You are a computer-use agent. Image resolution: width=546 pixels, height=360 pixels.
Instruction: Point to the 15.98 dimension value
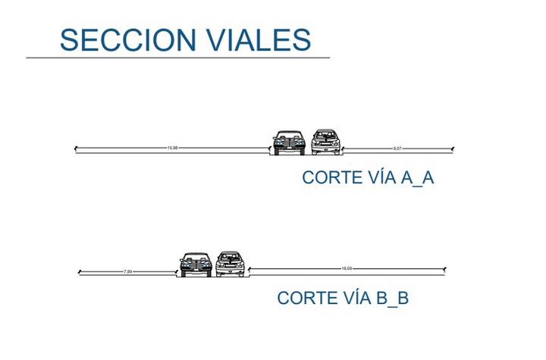click(x=173, y=147)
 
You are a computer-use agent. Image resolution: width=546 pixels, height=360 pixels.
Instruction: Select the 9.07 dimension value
click(x=397, y=147)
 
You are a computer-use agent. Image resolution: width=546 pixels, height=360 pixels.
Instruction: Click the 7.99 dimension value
click(x=128, y=271)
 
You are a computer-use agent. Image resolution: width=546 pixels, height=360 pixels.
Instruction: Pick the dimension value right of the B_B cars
click(x=346, y=268)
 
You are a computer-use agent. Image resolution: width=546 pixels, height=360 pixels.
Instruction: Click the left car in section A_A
click(x=288, y=142)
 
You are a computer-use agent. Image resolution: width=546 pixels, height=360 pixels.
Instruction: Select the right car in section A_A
click(x=326, y=142)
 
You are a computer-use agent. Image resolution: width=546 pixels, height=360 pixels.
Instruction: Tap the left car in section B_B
click(x=195, y=265)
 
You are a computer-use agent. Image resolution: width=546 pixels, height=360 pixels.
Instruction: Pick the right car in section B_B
click(x=231, y=265)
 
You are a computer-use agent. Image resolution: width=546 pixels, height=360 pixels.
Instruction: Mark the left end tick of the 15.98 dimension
click(x=76, y=149)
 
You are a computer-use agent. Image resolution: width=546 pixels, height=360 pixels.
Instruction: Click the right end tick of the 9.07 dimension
click(x=453, y=149)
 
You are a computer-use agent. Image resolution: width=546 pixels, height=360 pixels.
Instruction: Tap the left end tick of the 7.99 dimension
click(x=80, y=272)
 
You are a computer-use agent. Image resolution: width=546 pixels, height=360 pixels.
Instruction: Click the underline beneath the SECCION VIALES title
click(x=178, y=58)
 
